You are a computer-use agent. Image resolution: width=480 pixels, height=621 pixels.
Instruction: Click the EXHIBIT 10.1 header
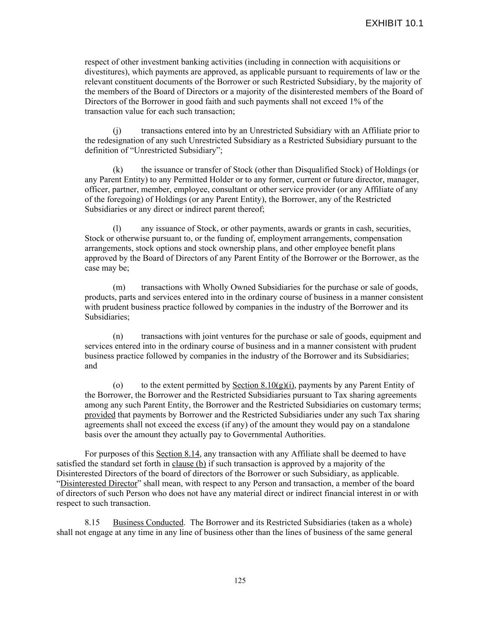(x=394, y=23)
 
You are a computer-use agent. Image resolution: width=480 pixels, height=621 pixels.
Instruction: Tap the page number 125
(x=240, y=580)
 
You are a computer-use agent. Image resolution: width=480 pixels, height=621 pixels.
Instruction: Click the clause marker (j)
(x=117, y=131)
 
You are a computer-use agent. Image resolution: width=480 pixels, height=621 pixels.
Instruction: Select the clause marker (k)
(x=118, y=170)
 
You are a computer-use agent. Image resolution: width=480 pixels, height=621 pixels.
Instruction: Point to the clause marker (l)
(x=117, y=229)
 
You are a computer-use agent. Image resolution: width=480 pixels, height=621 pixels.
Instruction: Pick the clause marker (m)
(x=119, y=288)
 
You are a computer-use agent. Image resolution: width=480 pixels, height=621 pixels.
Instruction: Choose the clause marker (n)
(x=118, y=337)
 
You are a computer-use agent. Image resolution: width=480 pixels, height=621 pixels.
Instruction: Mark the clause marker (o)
(x=118, y=385)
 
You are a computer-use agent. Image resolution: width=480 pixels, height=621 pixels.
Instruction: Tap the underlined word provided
(x=100, y=415)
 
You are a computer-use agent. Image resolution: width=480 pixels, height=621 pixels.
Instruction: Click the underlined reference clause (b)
(x=189, y=464)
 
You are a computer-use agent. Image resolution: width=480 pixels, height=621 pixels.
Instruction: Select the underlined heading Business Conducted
(x=148, y=523)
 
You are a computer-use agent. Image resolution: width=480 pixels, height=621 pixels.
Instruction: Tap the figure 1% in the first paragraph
(x=357, y=101)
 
